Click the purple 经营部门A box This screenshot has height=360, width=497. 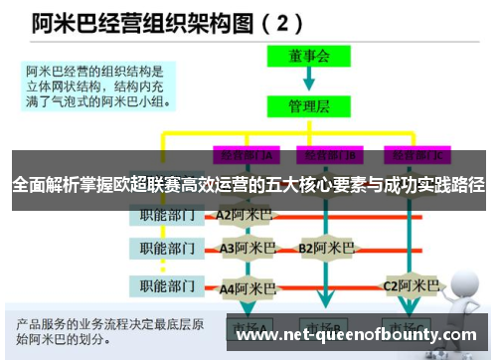[x=244, y=155]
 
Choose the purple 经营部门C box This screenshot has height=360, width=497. [x=418, y=155]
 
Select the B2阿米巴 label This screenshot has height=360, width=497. [x=327, y=248]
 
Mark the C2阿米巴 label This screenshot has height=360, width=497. [x=412, y=285]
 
